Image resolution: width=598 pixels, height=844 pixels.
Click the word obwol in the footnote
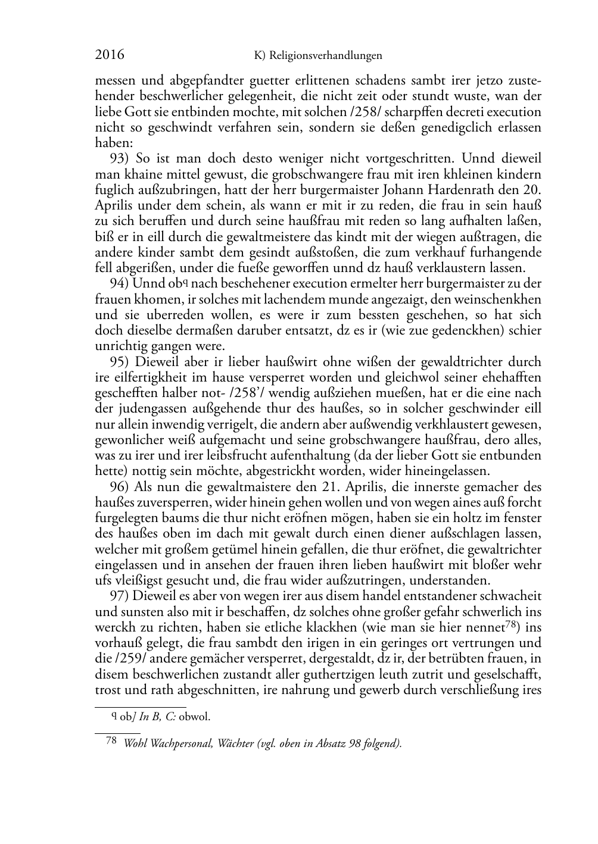(194, 717)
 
